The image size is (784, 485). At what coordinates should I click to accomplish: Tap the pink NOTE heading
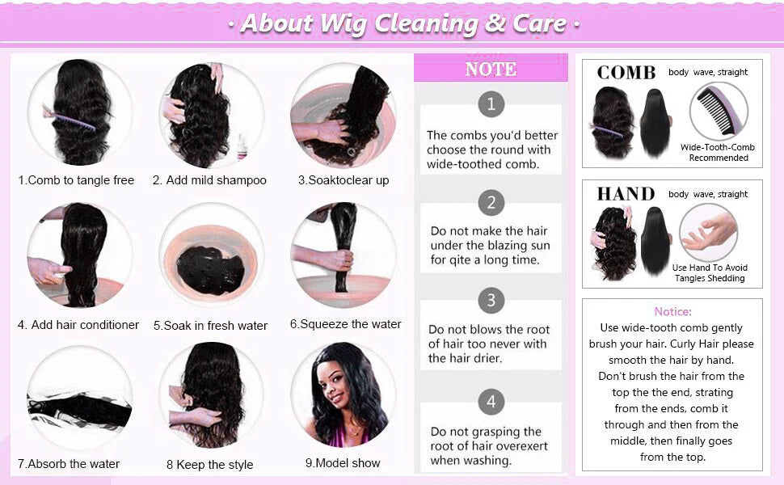point(491,70)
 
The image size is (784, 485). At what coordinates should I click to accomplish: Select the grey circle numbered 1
point(491,103)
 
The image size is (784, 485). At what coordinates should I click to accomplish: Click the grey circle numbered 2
point(491,202)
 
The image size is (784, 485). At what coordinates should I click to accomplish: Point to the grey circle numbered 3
point(491,301)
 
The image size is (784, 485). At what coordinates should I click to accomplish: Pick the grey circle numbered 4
point(491,402)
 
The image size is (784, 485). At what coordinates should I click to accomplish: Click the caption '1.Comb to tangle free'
point(76,180)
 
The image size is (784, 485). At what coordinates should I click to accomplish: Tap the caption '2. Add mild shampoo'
point(209,180)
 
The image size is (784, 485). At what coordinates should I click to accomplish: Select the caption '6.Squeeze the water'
point(345,324)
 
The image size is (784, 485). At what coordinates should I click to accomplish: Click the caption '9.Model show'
point(343,463)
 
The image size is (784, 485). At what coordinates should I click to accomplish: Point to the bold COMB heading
point(626,73)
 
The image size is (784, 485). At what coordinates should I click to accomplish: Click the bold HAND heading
point(626,194)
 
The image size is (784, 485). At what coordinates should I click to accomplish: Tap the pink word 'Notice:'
point(672,311)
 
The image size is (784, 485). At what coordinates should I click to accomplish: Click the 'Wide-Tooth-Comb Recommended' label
point(718,153)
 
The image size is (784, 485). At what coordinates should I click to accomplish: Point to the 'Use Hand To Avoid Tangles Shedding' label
point(710,273)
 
